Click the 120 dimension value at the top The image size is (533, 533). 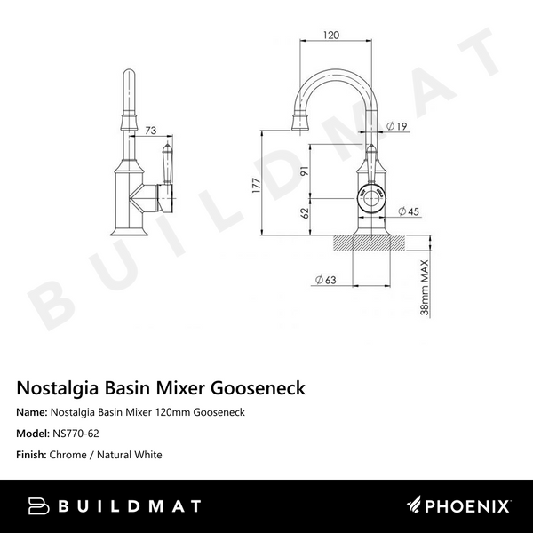tap(331, 35)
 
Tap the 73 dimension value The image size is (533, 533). tap(151, 131)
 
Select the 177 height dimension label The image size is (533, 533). tap(257, 186)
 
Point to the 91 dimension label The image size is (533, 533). tap(305, 171)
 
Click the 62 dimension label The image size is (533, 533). tap(305, 213)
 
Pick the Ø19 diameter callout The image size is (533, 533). tap(397, 126)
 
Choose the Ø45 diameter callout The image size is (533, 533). tap(409, 211)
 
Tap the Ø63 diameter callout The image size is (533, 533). tap(326, 280)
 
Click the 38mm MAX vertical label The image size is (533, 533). tap(425, 288)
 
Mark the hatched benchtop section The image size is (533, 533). tap(370, 243)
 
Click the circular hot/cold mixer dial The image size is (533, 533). tap(371, 198)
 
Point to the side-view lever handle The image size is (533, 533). tap(168, 163)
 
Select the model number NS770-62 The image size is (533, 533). tap(76, 434)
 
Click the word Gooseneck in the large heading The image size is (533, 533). tap(258, 388)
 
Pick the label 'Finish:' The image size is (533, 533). tap(31, 455)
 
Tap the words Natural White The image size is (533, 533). tap(130, 455)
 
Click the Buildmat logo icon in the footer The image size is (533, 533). tap(38, 506)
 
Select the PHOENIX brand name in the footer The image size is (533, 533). tap(467, 506)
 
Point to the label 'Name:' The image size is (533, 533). tap(32, 412)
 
